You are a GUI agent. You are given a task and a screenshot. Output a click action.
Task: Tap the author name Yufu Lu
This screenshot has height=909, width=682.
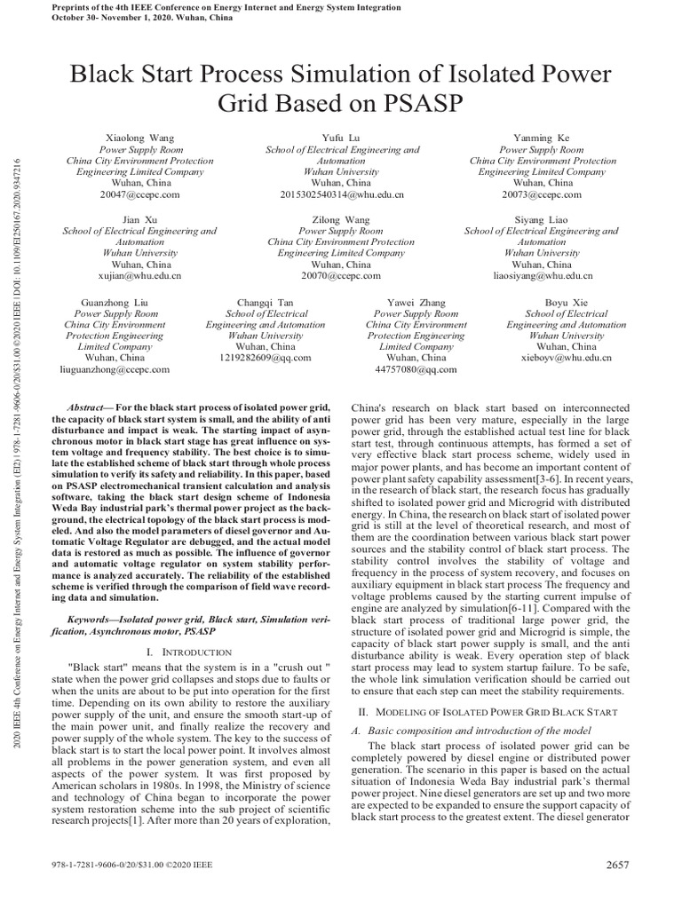tap(342, 138)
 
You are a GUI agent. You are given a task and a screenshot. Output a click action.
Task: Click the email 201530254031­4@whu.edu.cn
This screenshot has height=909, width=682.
tap(342, 194)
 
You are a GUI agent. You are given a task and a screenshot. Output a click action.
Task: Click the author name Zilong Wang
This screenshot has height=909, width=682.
tap(342, 219)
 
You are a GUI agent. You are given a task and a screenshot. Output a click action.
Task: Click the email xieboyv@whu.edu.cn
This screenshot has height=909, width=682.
tap(567, 358)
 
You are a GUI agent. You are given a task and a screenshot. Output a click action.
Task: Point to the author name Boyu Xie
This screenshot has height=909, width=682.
tap(567, 303)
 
